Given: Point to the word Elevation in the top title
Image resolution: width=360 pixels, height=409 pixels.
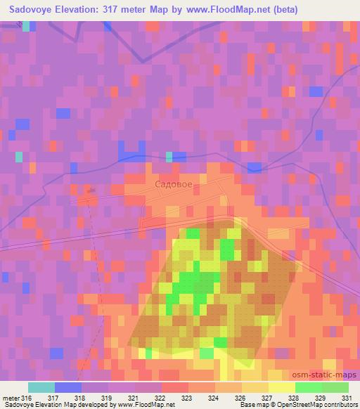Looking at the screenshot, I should pos(91,10).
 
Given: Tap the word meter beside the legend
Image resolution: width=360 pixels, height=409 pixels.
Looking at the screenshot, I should pos(11,396).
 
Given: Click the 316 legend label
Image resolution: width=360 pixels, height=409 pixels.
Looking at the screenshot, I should pos(27,396).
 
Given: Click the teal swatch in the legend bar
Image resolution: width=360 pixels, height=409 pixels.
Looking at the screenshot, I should pos(41,387).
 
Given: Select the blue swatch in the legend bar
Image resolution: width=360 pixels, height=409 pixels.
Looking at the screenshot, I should pos(68,387).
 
